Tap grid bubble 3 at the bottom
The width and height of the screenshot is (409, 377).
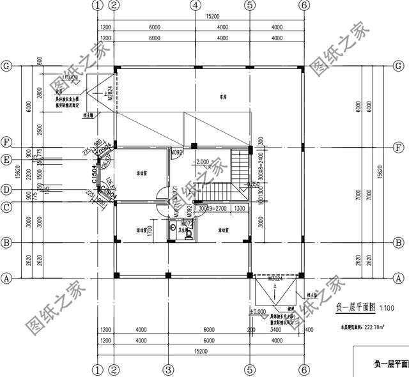[168, 370]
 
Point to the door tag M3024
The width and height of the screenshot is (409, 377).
[275, 279]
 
